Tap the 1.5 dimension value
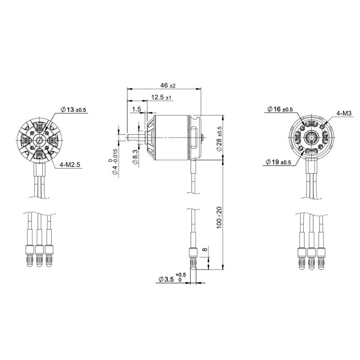click(x=137, y=109)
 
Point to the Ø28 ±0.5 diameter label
click(x=219, y=139)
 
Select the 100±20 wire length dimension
click(x=219, y=217)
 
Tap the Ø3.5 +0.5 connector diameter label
click(x=171, y=279)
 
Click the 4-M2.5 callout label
click(x=70, y=165)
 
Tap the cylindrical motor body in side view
click(x=173, y=135)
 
